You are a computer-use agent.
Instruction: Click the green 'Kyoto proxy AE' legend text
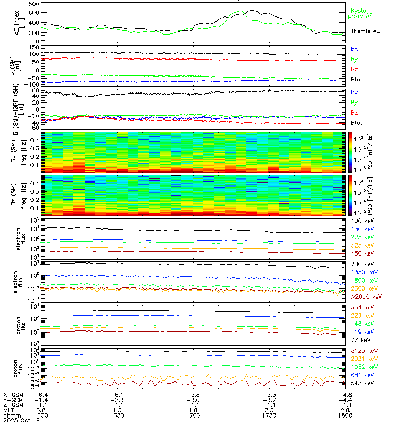tap(362, 14)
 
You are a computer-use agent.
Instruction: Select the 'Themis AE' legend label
tap(364, 31)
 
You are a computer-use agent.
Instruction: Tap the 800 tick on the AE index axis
tap(33, 5)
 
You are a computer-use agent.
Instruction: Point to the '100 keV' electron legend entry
tap(361, 220)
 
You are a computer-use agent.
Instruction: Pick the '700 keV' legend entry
tap(361, 264)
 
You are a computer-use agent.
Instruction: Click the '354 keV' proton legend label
tap(361, 308)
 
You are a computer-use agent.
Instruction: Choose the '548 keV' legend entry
tap(361, 382)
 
